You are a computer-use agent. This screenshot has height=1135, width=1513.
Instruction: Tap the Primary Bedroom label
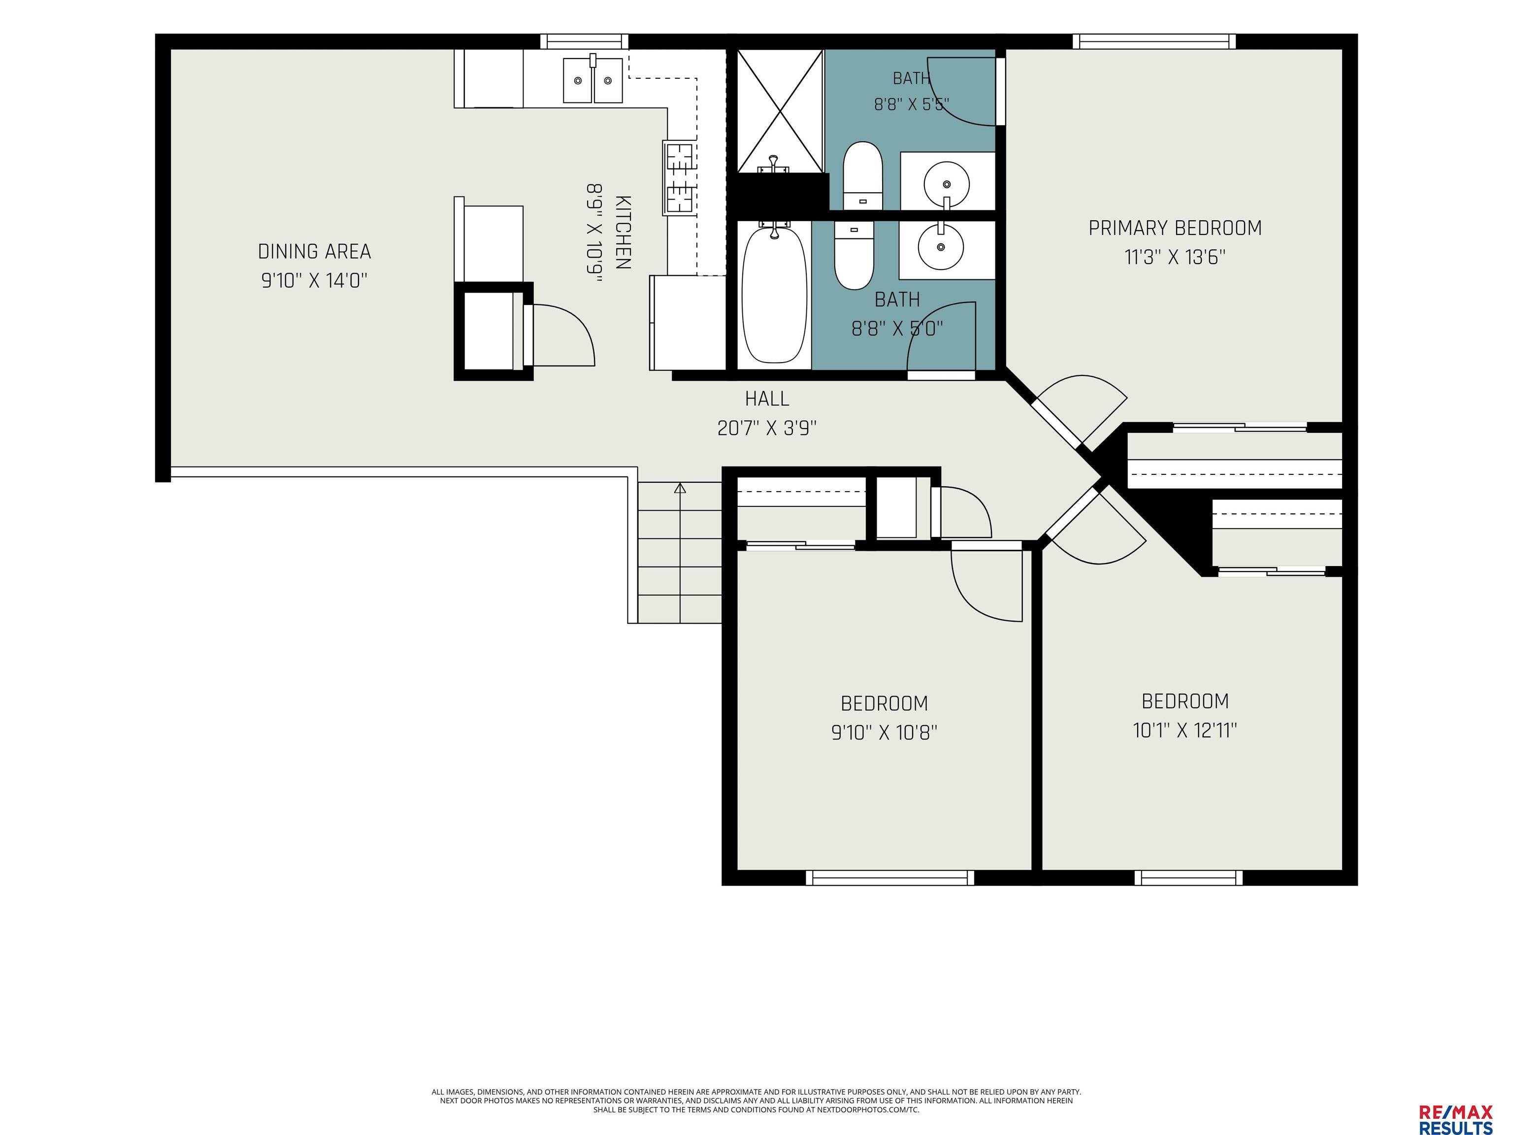pyautogui.click(x=1175, y=228)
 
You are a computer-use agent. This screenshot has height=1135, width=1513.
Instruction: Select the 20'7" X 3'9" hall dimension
pyautogui.click(x=767, y=428)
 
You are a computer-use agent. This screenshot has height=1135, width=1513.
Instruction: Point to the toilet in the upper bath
pyautogui.click(x=862, y=175)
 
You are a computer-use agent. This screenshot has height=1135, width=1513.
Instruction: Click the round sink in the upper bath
pyautogui.click(x=947, y=183)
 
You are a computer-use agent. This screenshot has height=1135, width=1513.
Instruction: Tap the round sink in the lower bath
pyautogui.click(x=941, y=246)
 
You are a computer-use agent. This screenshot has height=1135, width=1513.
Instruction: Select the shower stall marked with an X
pyautogui.click(x=780, y=111)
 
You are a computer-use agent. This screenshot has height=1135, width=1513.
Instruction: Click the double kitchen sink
pyautogui.click(x=593, y=80)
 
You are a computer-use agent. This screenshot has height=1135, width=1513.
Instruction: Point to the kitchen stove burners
pyautogui.click(x=679, y=177)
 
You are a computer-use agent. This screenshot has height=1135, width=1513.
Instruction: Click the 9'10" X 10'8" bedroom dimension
pyautogui.click(x=884, y=733)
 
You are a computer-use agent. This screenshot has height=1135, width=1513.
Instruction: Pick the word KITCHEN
pyautogui.click(x=623, y=233)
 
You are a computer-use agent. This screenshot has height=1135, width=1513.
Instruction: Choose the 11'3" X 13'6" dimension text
pyautogui.click(x=1175, y=257)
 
